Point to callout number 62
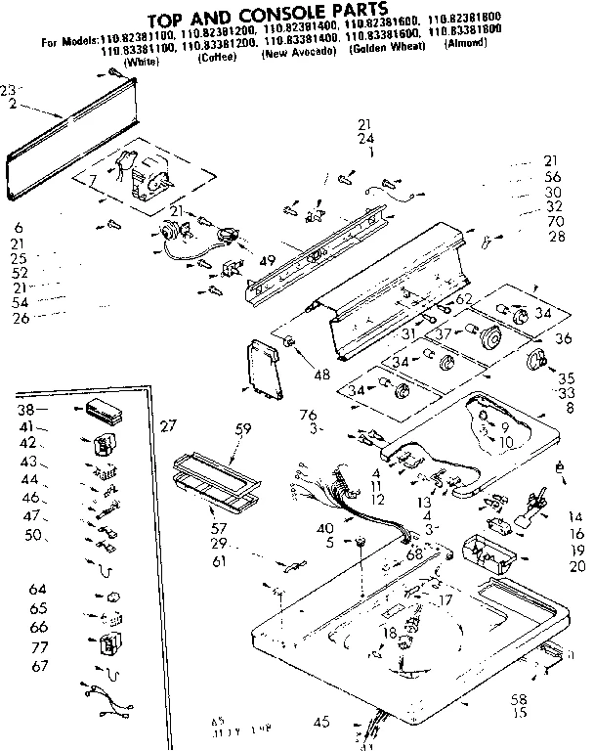[x=464, y=298]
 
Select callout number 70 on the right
[x=556, y=222]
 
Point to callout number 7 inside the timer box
[x=93, y=181]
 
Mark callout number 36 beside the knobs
[x=562, y=339]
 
